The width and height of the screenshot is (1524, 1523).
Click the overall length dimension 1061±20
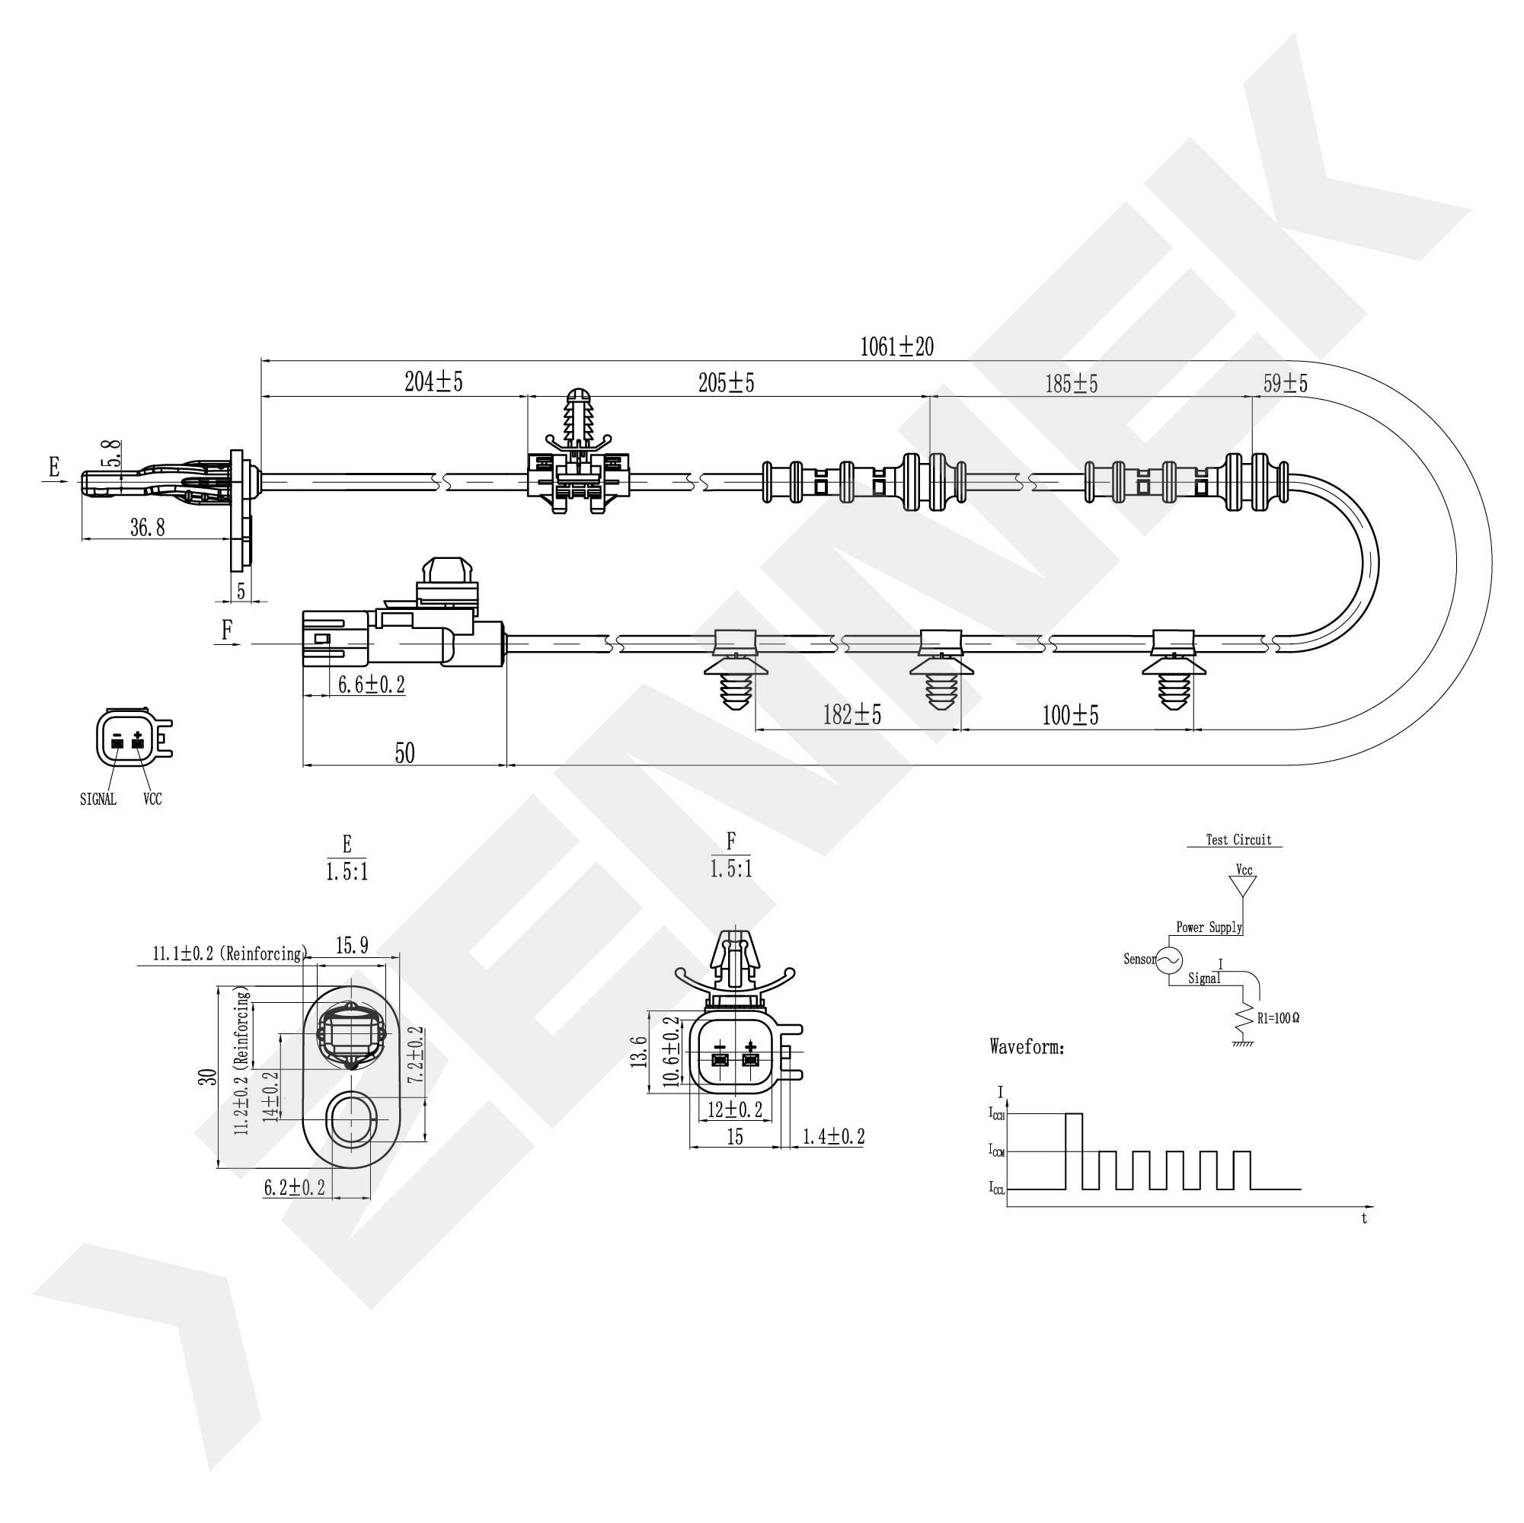click(x=897, y=346)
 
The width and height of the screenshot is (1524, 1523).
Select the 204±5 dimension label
click(x=433, y=382)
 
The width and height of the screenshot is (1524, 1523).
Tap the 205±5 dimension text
click(x=726, y=382)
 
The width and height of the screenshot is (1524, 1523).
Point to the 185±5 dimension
click(x=1071, y=384)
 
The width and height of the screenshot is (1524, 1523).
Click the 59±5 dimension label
click(x=1285, y=383)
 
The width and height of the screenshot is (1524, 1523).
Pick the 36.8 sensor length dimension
click(x=148, y=528)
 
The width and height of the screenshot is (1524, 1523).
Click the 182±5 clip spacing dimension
click(x=852, y=714)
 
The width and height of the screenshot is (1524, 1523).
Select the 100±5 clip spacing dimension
click(x=1069, y=715)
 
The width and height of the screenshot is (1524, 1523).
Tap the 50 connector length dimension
click(x=404, y=753)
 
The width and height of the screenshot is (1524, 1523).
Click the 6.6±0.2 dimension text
click(x=372, y=685)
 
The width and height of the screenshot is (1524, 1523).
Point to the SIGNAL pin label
click(x=97, y=799)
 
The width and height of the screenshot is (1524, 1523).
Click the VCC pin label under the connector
click(x=152, y=799)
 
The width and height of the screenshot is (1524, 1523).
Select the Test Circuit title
click(x=1238, y=840)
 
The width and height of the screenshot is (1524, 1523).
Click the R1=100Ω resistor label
click(x=1278, y=1018)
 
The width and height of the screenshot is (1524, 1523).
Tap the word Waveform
click(x=1027, y=1047)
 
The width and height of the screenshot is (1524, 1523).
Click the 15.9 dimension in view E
click(x=352, y=946)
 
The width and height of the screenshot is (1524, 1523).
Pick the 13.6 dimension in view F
click(x=639, y=1052)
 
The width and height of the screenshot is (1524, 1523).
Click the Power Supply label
click(x=1209, y=928)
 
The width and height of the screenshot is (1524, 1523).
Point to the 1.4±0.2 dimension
click(x=834, y=1136)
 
